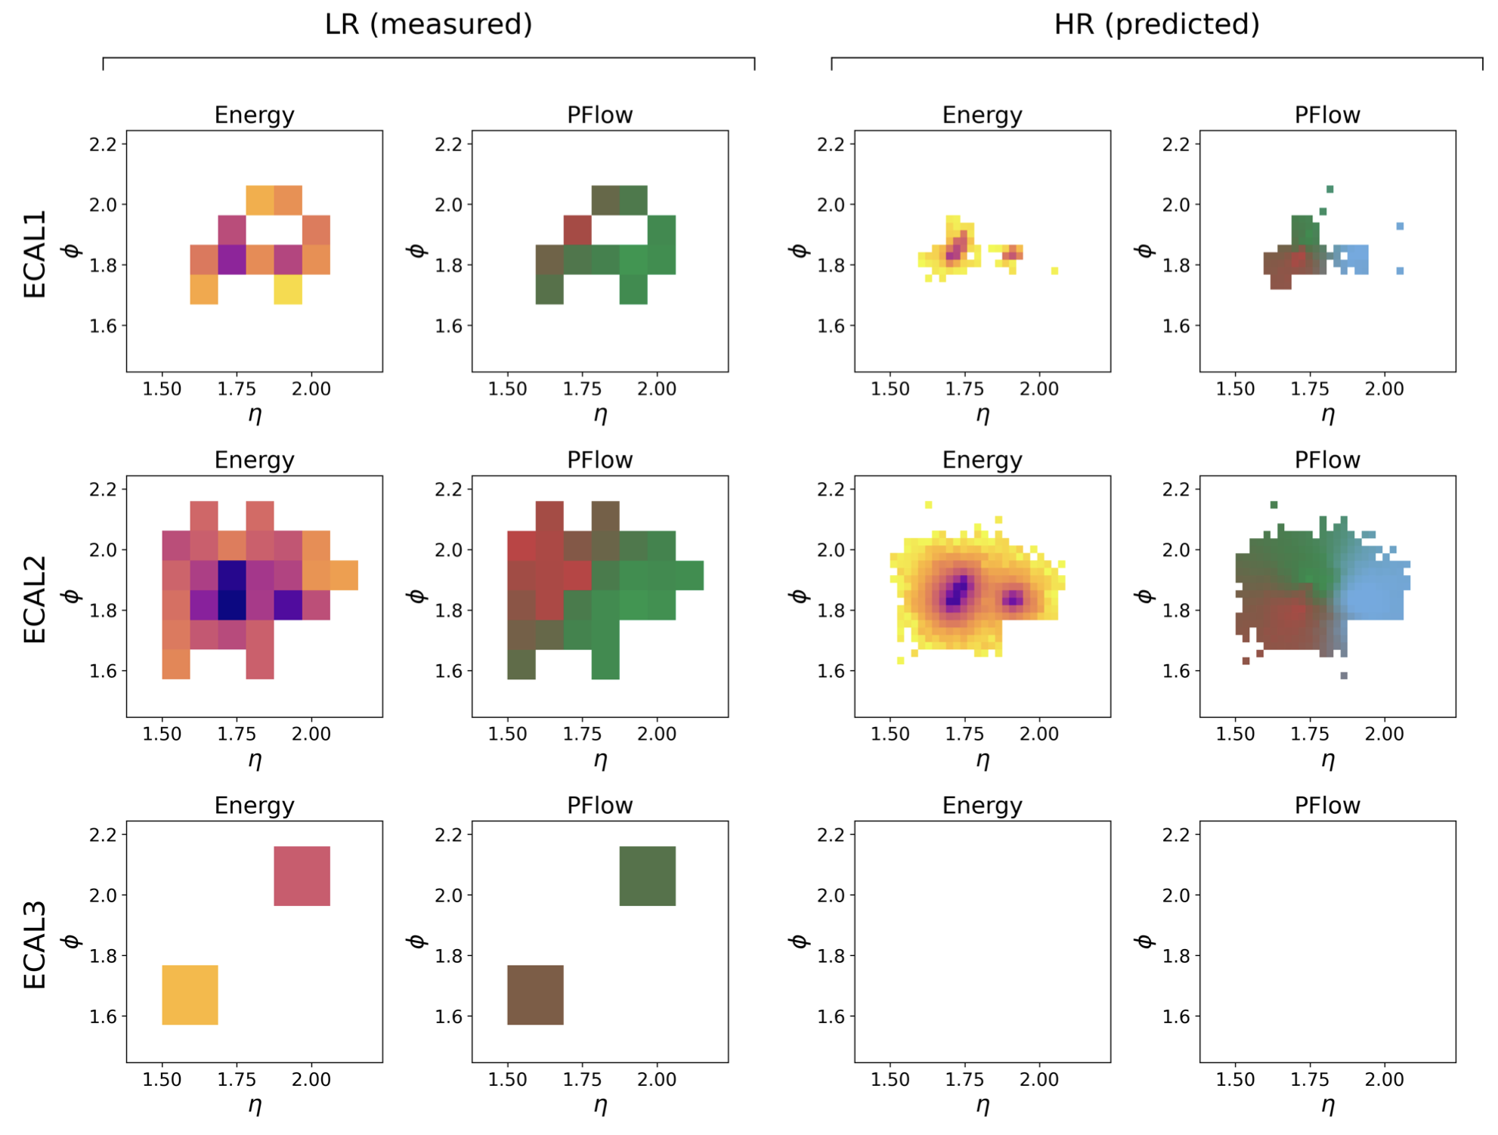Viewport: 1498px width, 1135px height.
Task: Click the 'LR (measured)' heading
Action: click(x=429, y=25)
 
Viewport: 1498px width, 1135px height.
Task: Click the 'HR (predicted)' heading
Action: click(x=1156, y=25)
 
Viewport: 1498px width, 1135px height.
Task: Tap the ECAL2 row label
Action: click(x=35, y=598)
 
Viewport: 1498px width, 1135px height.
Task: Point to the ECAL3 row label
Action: click(x=35, y=944)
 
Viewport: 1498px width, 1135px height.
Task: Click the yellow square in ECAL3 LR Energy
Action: click(x=190, y=994)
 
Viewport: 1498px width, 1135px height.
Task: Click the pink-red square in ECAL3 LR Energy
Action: click(x=302, y=876)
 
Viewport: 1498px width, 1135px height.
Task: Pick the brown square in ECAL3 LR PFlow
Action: click(x=535, y=994)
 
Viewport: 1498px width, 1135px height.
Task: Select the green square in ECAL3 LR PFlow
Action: click(x=647, y=876)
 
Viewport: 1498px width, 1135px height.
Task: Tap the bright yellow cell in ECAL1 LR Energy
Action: click(x=288, y=289)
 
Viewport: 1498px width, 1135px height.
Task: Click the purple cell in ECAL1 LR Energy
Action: click(x=232, y=259)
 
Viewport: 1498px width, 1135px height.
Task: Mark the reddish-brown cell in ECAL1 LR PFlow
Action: click(x=577, y=230)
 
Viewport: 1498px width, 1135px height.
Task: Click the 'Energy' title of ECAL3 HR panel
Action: click(x=982, y=806)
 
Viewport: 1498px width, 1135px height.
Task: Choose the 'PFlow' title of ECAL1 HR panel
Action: click(x=1327, y=116)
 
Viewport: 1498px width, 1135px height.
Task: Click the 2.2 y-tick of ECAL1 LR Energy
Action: click(x=103, y=144)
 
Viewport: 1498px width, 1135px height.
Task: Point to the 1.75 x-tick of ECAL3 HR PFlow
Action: click(x=1310, y=1079)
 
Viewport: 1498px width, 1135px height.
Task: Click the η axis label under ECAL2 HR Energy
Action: click(x=982, y=759)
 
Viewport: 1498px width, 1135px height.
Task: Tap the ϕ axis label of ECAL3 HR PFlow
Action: click(x=1144, y=942)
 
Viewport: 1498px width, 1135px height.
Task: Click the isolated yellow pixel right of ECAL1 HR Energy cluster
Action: click(x=1054, y=271)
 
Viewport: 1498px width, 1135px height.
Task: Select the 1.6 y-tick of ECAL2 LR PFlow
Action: click(x=448, y=671)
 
